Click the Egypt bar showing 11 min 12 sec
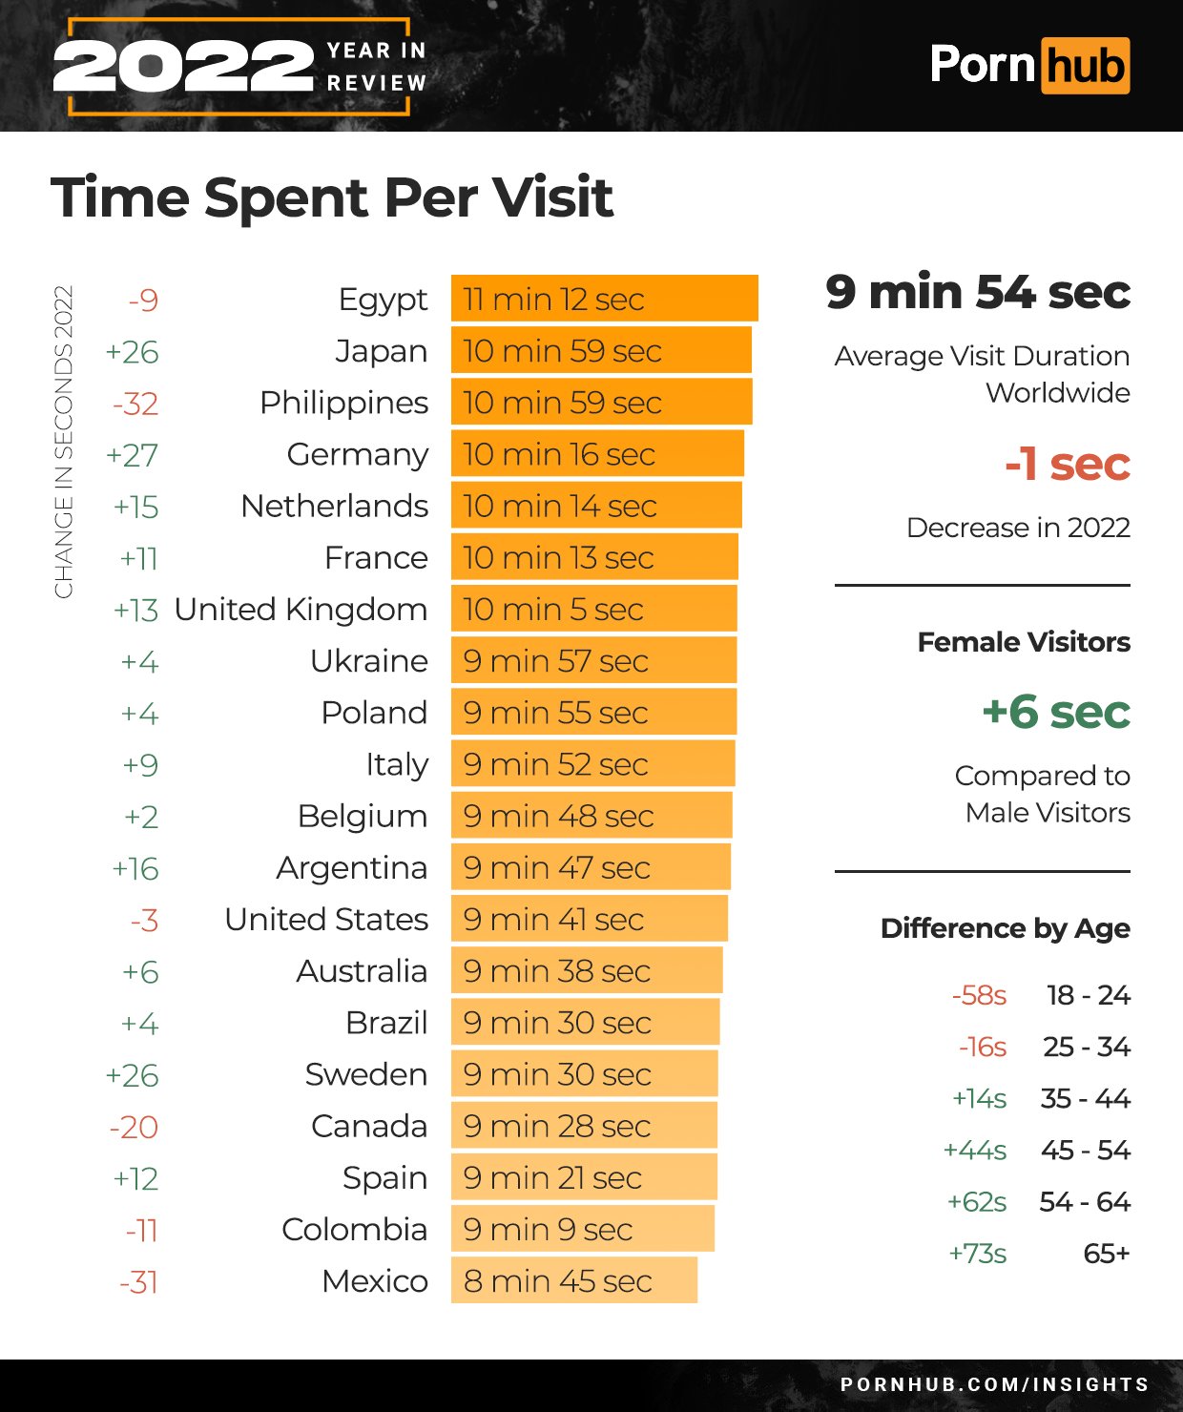(x=604, y=299)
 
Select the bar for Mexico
(x=573, y=1280)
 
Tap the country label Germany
(x=358, y=455)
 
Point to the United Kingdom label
(x=301, y=610)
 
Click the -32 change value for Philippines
(x=135, y=404)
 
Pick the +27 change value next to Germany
(x=132, y=455)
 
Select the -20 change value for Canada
(x=134, y=1127)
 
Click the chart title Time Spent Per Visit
(x=332, y=197)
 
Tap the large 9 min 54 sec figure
(x=978, y=292)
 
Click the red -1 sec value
(x=1067, y=465)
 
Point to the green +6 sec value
(x=1055, y=712)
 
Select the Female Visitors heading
(x=1023, y=642)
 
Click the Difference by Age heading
(x=1005, y=928)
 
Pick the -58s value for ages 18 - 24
(x=979, y=996)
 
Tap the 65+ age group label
(x=1106, y=1254)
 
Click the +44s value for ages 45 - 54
(x=974, y=1151)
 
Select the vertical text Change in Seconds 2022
(x=64, y=442)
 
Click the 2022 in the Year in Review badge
(x=183, y=67)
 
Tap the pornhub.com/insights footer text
(x=994, y=1384)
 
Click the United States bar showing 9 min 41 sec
(x=589, y=919)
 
